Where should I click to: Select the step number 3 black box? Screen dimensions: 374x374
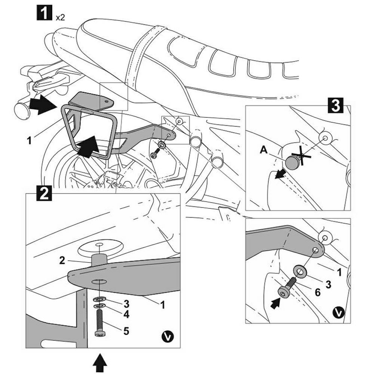335,105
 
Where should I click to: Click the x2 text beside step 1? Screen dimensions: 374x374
60,17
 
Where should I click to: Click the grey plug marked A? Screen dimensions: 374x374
292,162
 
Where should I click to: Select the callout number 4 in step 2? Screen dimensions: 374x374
126,314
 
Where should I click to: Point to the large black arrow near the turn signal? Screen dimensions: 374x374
42,105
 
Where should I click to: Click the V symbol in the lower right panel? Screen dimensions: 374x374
338,312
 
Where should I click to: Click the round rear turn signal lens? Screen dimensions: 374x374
21,109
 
